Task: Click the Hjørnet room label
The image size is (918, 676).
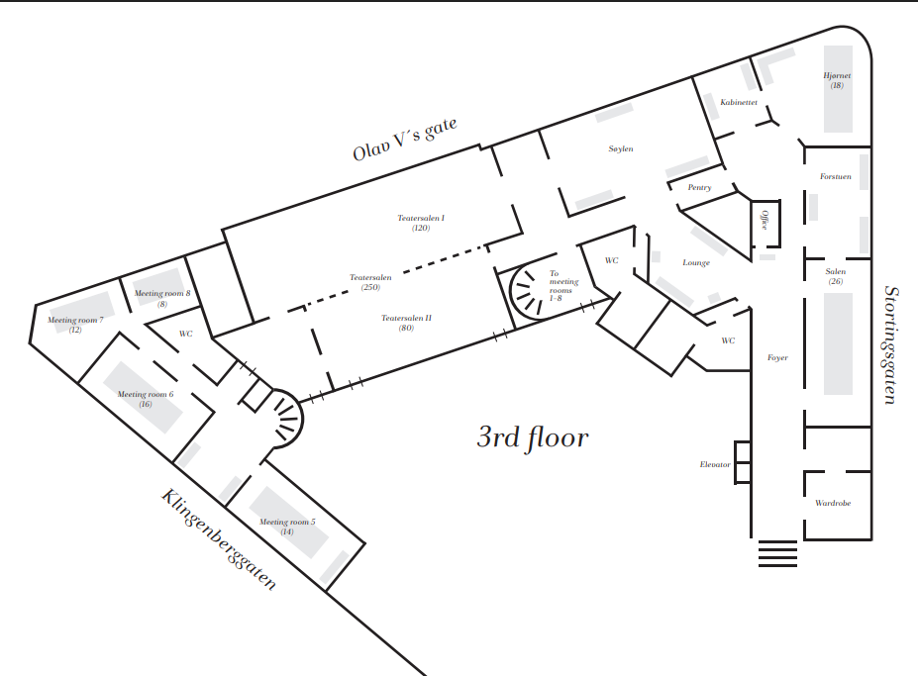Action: pyautogui.click(x=837, y=80)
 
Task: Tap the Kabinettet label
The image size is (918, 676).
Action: pyautogui.click(x=739, y=102)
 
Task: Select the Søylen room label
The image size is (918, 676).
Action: pyautogui.click(x=621, y=148)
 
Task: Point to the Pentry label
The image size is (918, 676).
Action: pyautogui.click(x=699, y=187)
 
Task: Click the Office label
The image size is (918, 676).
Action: pyautogui.click(x=765, y=220)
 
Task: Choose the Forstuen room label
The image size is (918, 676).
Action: pyautogui.click(x=836, y=176)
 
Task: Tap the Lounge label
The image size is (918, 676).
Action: pyautogui.click(x=696, y=263)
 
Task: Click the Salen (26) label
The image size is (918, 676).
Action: pyautogui.click(x=836, y=276)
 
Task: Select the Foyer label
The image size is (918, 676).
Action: pyautogui.click(x=777, y=357)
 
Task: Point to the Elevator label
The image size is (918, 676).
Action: pyautogui.click(x=715, y=465)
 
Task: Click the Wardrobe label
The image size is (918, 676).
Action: pyautogui.click(x=833, y=503)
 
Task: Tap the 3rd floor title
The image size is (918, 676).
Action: pyautogui.click(x=533, y=437)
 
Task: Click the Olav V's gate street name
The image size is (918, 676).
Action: pyautogui.click(x=405, y=140)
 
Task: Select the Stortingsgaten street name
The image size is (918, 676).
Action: pyautogui.click(x=889, y=344)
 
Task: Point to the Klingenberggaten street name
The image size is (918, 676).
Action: pyautogui.click(x=218, y=539)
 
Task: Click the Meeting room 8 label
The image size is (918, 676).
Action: pyautogui.click(x=162, y=299)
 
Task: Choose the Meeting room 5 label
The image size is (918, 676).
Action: pyautogui.click(x=287, y=527)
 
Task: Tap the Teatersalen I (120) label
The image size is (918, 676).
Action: pyautogui.click(x=421, y=223)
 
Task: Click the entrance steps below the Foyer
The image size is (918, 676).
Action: pyautogui.click(x=777, y=553)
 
